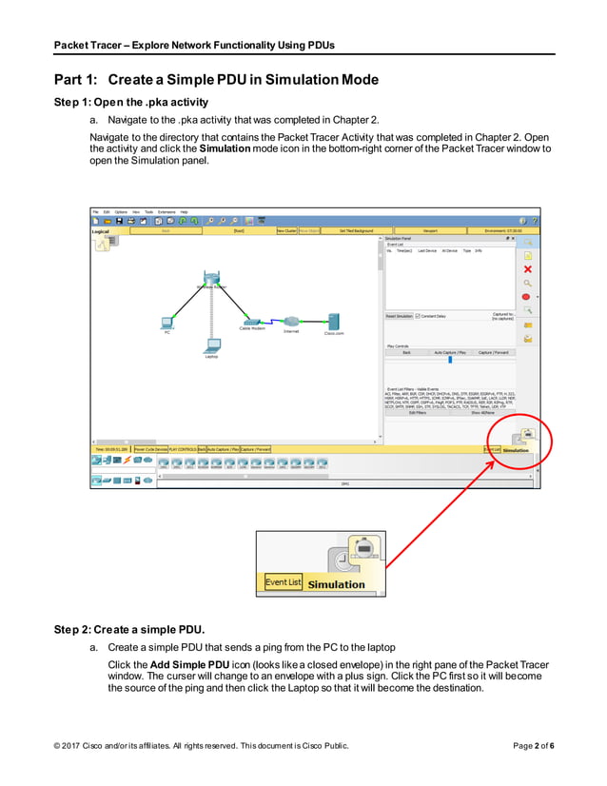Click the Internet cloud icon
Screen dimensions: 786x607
tap(291, 321)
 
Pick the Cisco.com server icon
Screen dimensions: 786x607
tap(334, 321)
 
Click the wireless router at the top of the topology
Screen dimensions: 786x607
tap(211, 279)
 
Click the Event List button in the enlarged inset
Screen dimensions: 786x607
tap(282, 582)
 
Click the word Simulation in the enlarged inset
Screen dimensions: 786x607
tap(336, 584)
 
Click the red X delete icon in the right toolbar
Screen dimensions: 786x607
tap(527, 269)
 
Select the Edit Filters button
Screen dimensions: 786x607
tap(417, 413)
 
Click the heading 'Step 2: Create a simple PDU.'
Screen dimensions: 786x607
tap(129, 630)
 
